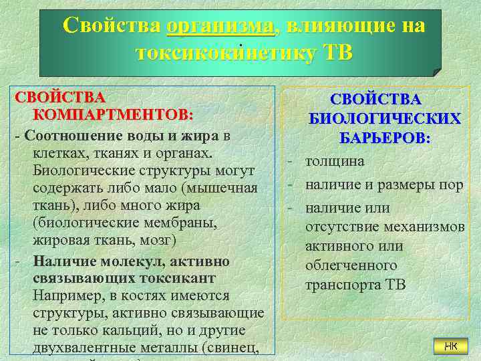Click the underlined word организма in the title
pos(220,26)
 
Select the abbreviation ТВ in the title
pos(337,53)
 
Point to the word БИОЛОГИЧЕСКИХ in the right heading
pos(384,119)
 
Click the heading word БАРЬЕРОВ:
pos(384,138)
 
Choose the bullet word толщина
pos(335,161)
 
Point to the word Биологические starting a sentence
pos(79,171)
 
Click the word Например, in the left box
pos(65,295)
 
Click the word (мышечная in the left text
pos(225,189)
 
